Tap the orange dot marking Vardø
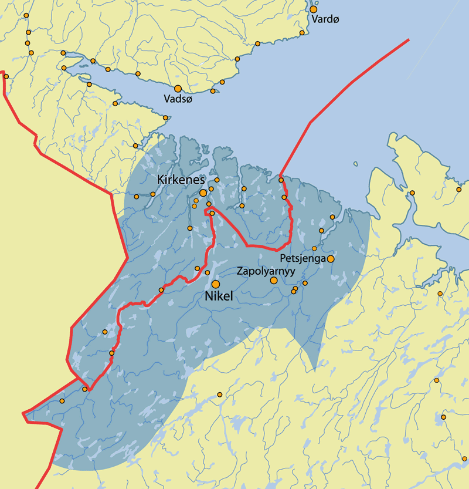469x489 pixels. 314,9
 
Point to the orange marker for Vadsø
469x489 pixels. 178,89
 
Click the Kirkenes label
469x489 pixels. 181,179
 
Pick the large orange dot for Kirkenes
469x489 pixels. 203,193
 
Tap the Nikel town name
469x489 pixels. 219,297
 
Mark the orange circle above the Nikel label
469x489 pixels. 216,284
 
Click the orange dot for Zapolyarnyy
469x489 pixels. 274,281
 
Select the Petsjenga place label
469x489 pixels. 303,258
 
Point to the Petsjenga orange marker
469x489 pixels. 331,258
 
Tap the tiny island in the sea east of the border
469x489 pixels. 355,164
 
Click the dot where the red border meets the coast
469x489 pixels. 281,180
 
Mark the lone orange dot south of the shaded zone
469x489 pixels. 220,394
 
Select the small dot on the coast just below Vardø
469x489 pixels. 302,32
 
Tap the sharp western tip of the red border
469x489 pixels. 23,414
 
